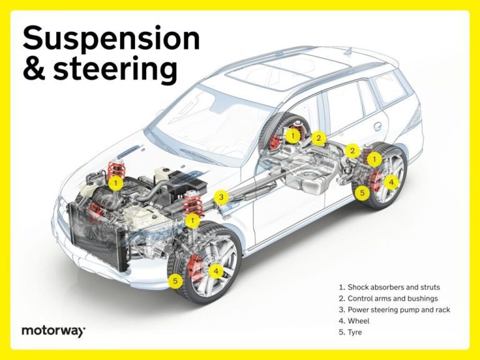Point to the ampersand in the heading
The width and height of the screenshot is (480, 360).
point(31,70)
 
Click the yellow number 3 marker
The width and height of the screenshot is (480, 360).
point(220,197)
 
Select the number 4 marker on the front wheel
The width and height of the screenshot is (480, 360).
point(215,271)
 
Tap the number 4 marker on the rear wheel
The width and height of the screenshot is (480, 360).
point(391,182)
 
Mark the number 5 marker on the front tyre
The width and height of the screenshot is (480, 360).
point(176,282)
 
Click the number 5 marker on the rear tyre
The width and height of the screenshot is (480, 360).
point(362,193)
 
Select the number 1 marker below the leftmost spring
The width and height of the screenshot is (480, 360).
point(115,182)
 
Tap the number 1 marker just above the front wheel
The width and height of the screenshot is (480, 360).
point(194,220)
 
